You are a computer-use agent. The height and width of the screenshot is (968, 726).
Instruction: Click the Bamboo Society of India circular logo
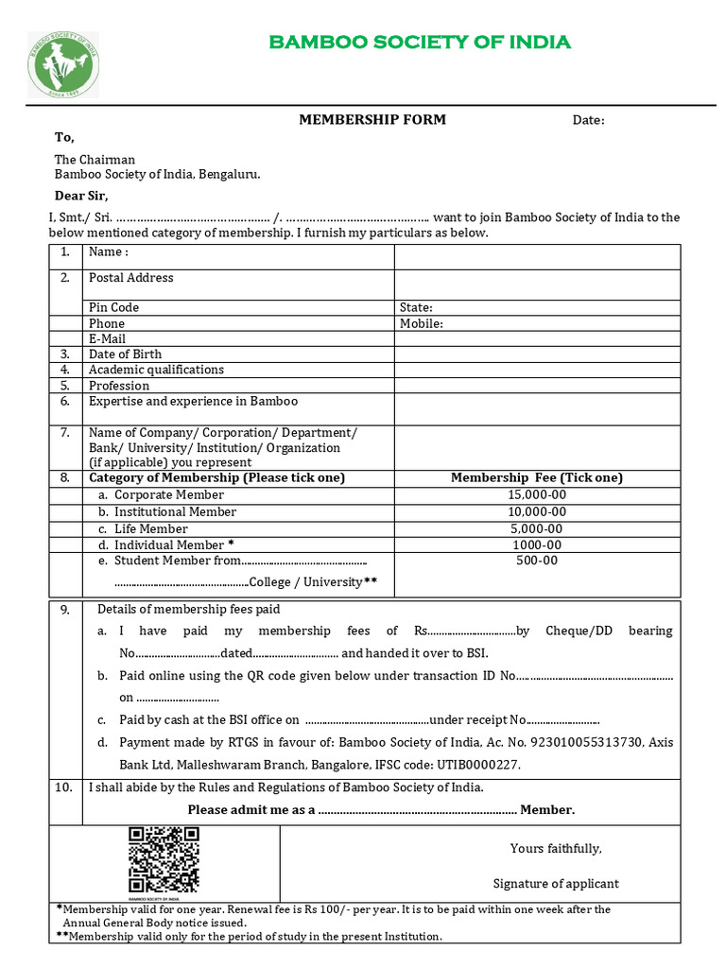coord(63,64)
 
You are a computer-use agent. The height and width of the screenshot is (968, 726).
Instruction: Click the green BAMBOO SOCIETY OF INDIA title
coord(420,42)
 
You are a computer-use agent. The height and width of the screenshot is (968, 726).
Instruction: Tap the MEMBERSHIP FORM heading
coord(372,119)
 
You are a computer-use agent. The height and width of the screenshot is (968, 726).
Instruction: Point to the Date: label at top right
coord(588,120)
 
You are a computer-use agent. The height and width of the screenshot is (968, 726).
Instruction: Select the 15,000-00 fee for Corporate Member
coord(537,494)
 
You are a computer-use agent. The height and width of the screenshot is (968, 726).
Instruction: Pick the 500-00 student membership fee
coord(537,561)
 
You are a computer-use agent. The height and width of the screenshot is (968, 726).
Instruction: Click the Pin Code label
coord(113,307)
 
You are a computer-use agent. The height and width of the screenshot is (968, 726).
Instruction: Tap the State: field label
coord(416,307)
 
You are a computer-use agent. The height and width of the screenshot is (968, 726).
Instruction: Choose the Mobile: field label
coord(421,323)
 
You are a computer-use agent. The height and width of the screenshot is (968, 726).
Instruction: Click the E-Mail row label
coord(107,338)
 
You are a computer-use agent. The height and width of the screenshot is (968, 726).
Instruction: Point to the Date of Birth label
coord(125,354)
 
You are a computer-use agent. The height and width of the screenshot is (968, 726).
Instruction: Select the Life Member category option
coord(151,528)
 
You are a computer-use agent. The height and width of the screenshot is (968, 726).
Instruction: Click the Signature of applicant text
coord(556,884)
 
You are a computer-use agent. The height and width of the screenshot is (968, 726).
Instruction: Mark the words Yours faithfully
coord(556,848)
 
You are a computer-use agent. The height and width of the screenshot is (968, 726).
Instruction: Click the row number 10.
coord(65,787)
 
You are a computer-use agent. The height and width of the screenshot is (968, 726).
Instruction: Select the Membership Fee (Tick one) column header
coord(537,477)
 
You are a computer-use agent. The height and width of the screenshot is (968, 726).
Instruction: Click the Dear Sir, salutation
coord(81,197)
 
